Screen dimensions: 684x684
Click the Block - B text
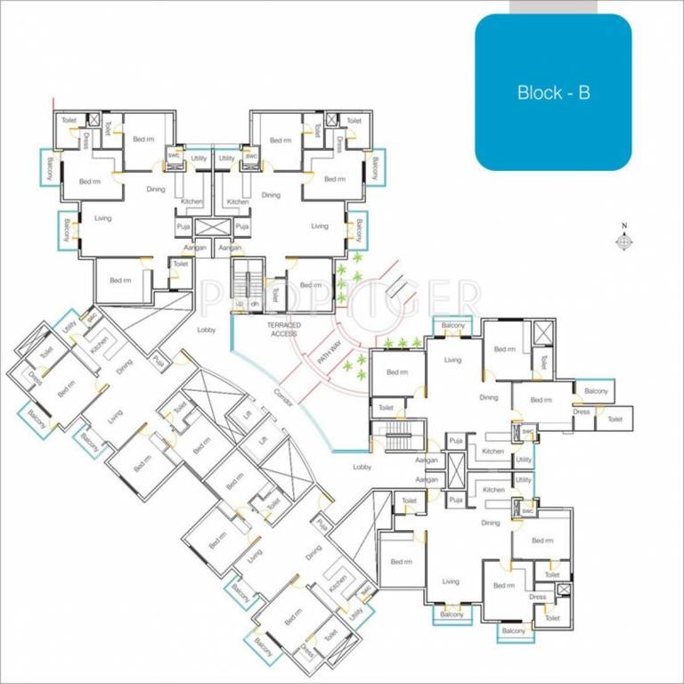click(553, 92)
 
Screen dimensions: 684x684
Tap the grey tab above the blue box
click(553, 6)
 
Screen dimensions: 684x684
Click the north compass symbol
click(624, 241)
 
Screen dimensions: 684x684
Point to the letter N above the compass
click(624, 226)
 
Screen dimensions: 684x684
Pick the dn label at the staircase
click(255, 304)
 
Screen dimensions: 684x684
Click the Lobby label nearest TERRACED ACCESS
click(207, 330)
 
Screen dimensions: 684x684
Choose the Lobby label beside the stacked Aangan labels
click(362, 467)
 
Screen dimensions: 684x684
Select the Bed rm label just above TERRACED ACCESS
click(311, 285)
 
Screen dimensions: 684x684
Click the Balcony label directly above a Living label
click(452, 325)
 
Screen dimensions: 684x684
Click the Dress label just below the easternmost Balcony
click(582, 412)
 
